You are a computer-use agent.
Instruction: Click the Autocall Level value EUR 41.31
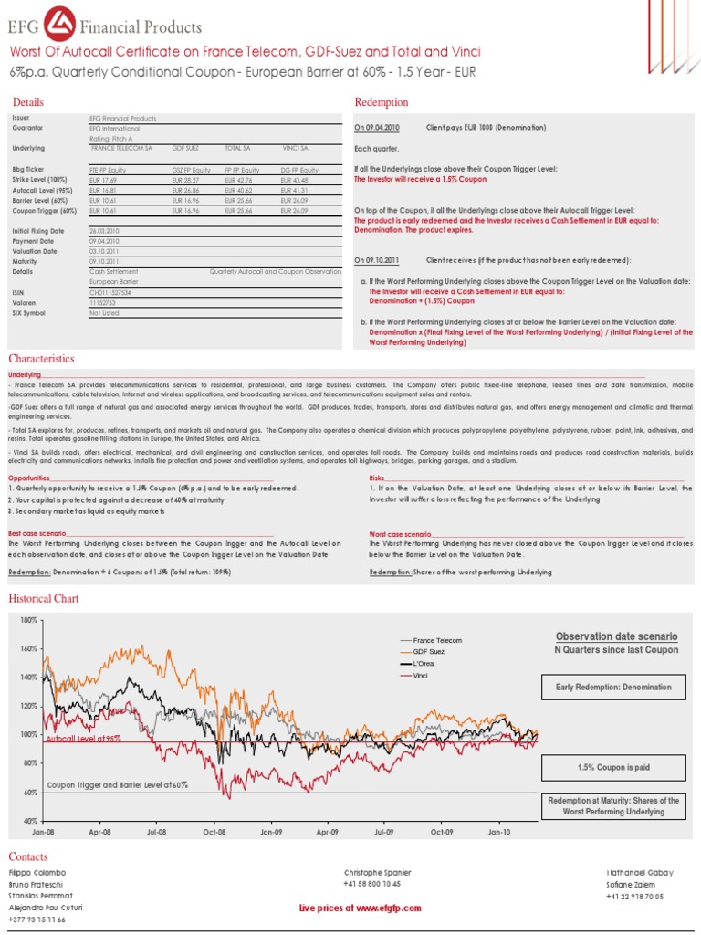(x=297, y=191)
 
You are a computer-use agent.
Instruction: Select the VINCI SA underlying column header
(x=295, y=147)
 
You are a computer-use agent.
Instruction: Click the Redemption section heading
(x=381, y=102)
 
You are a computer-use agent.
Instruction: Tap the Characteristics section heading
(x=41, y=359)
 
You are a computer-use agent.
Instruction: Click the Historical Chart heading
(x=43, y=599)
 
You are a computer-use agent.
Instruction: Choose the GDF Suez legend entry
(x=430, y=653)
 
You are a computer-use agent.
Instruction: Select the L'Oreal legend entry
(x=426, y=664)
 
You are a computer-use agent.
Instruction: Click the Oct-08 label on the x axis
(x=214, y=833)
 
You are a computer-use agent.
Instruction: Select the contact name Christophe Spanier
(x=377, y=873)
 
